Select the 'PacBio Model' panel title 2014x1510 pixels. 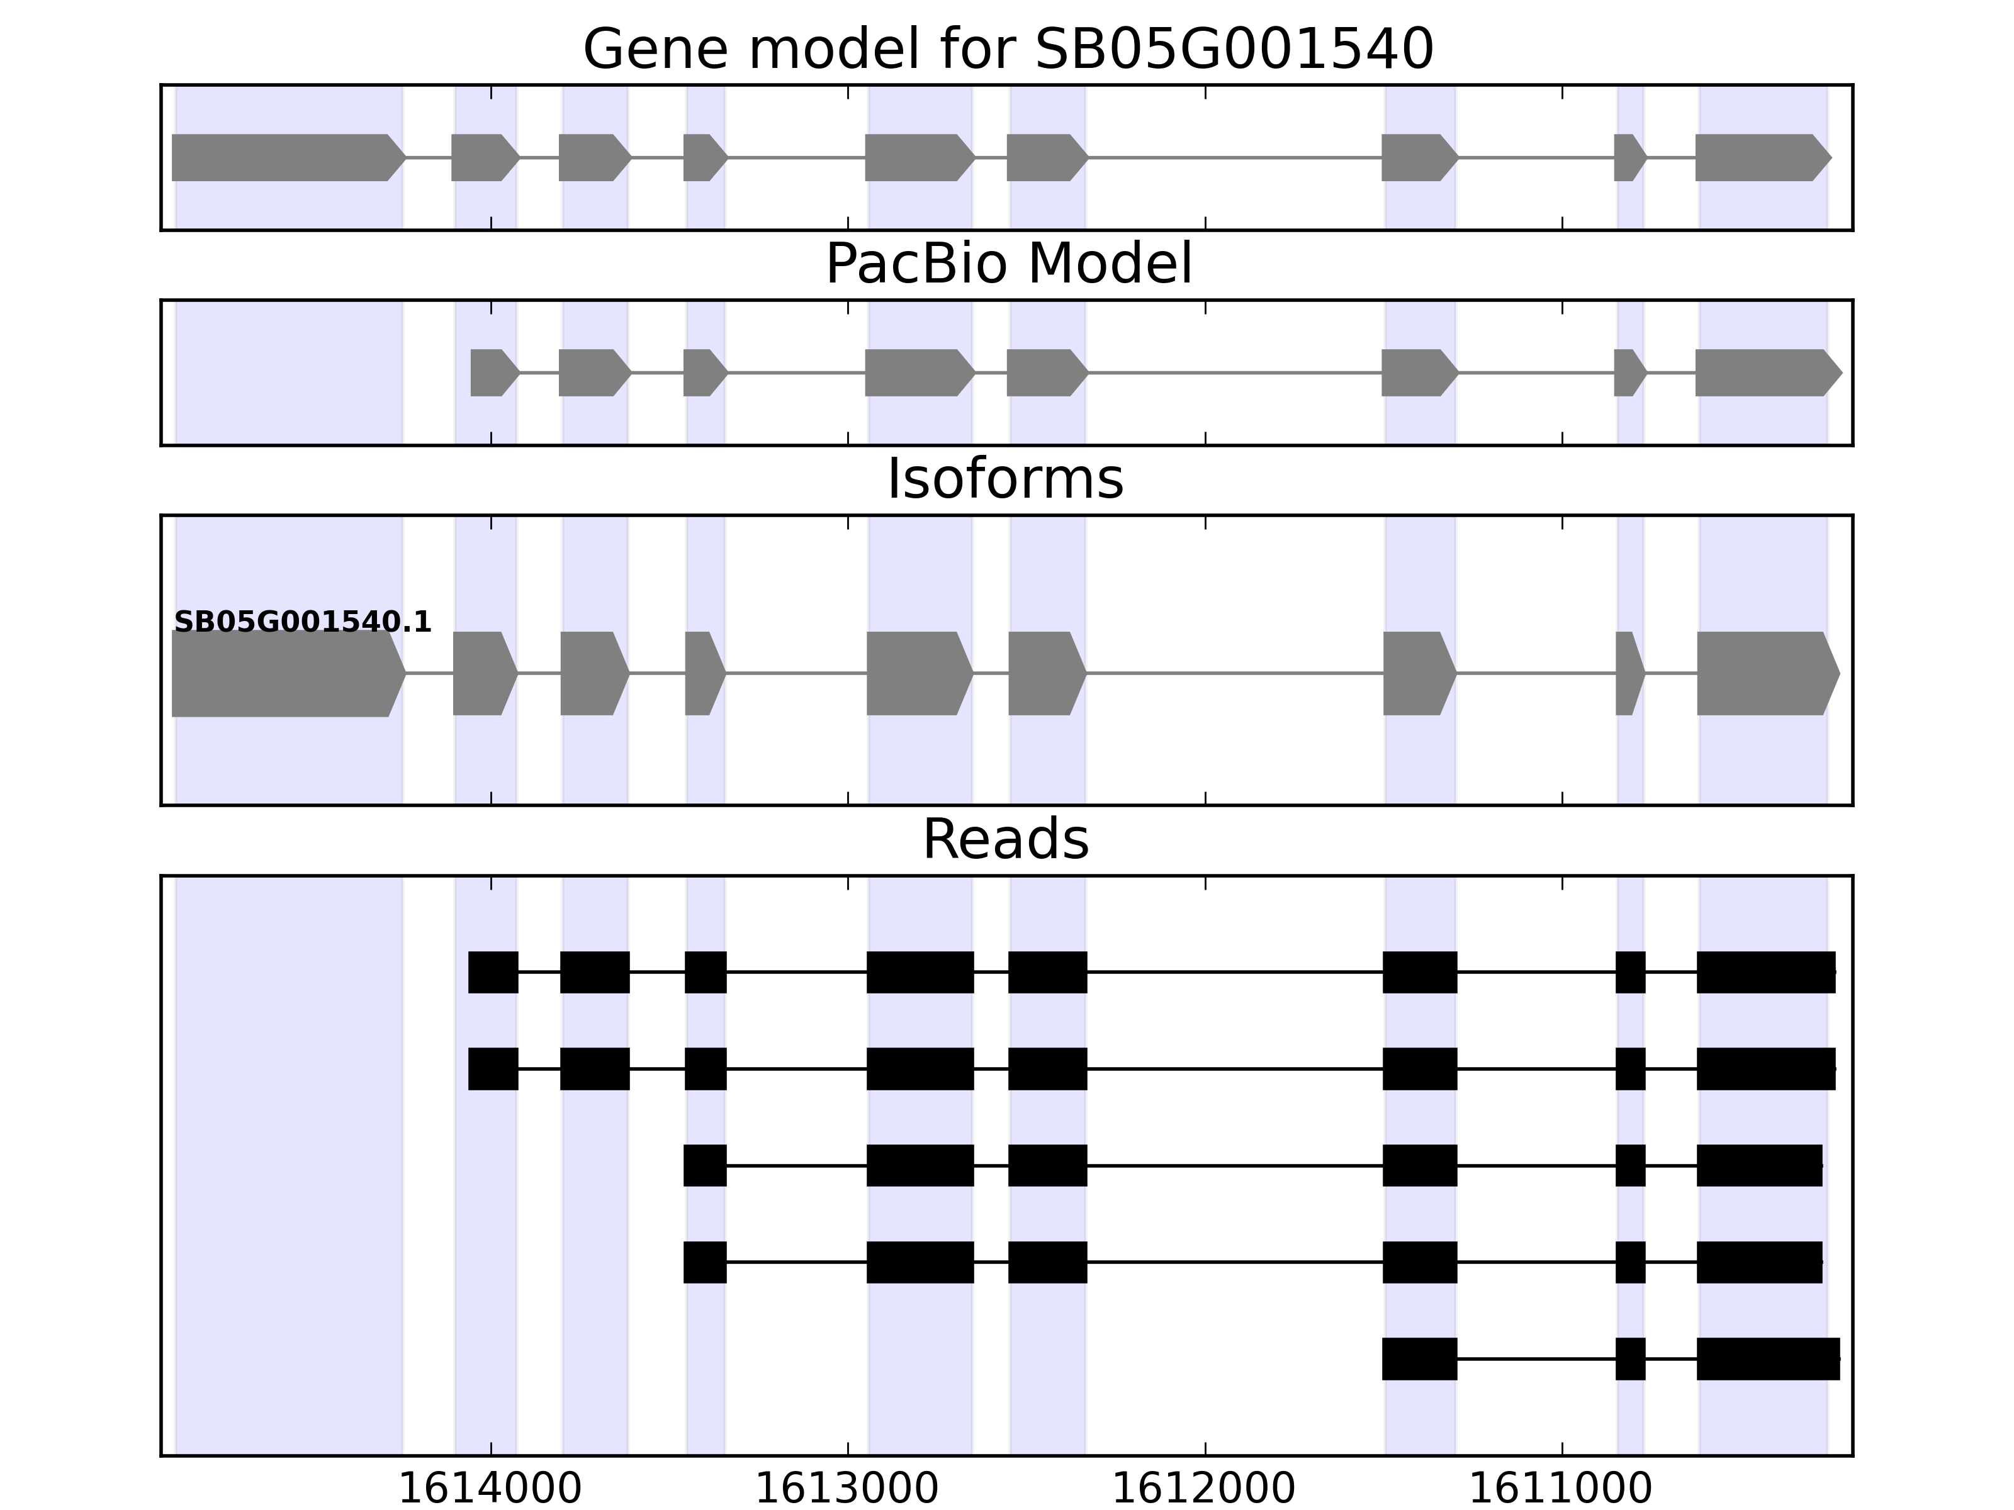[x=1008, y=264]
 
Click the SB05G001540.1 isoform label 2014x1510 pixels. [x=302, y=622]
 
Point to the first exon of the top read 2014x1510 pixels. [x=493, y=972]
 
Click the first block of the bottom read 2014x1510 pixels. [x=1419, y=1359]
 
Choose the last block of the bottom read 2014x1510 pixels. [x=1767, y=1359]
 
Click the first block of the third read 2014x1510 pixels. [x=705, y=1165]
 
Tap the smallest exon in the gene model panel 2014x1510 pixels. [x=1629, y=157]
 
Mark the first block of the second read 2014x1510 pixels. [x=493, y=1068]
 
